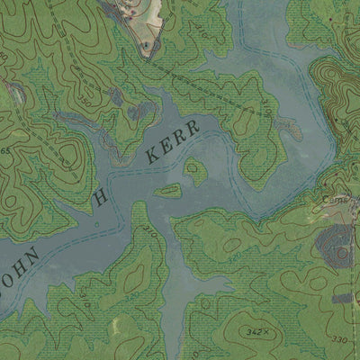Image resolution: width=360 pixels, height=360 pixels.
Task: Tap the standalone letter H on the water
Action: [x=101, y=197]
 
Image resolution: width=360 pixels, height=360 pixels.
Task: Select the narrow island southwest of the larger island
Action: [x=167, y=191]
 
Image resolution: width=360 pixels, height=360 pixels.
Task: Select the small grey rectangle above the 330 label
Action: [x=342, y=297]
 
